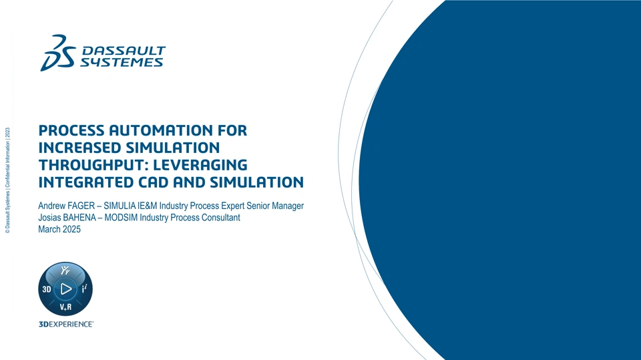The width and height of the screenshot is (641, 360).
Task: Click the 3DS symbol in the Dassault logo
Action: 57,53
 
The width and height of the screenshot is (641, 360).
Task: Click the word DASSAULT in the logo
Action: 124,51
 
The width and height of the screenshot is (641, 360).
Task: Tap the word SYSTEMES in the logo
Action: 122,62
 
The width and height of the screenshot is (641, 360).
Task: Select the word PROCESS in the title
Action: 71,130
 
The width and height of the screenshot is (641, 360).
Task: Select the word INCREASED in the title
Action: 79,148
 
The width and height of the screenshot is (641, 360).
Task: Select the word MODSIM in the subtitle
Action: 121,218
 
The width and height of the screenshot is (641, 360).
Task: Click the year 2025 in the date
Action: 71,229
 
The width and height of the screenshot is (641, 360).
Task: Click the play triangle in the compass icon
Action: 66,289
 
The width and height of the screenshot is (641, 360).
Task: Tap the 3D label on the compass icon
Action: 47,289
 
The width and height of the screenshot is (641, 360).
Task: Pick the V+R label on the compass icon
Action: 65,307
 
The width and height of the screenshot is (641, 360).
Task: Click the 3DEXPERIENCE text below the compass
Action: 66,324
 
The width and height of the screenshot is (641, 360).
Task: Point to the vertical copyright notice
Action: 7,180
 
